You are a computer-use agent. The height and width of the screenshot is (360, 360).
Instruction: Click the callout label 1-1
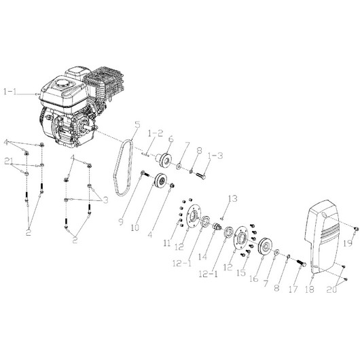(10, 92)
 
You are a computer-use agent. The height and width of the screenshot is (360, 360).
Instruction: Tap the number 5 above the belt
(137, 125)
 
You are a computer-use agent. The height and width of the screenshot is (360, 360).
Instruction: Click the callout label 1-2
(155, 133)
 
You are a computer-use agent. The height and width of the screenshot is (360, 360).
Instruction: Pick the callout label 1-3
(215, 156)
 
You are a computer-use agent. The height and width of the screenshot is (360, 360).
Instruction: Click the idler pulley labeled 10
(161, 181)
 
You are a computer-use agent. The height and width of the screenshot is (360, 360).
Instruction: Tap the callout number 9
(122, 221)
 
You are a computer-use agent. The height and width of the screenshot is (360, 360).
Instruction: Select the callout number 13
(232, 198)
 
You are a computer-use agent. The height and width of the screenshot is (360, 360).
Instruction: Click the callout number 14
(202, 257)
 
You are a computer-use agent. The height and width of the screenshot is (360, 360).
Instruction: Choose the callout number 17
(293, 289)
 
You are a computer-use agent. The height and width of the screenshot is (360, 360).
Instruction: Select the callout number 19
(348, 243)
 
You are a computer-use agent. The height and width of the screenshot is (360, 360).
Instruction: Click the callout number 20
(332, 289)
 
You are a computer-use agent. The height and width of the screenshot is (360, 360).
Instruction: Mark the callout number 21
(9, 162)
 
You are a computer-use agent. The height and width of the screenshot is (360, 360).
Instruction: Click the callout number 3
(105, 200)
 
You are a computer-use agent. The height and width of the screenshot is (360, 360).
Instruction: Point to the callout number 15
(241, 273)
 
